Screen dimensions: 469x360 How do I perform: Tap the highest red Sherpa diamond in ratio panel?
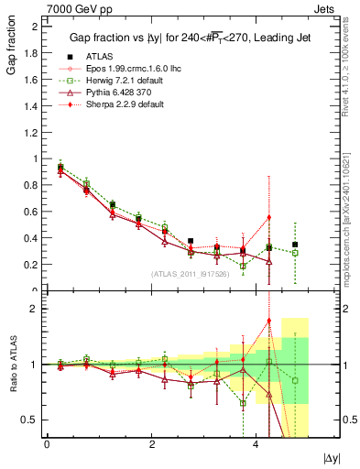click(269, 322)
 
